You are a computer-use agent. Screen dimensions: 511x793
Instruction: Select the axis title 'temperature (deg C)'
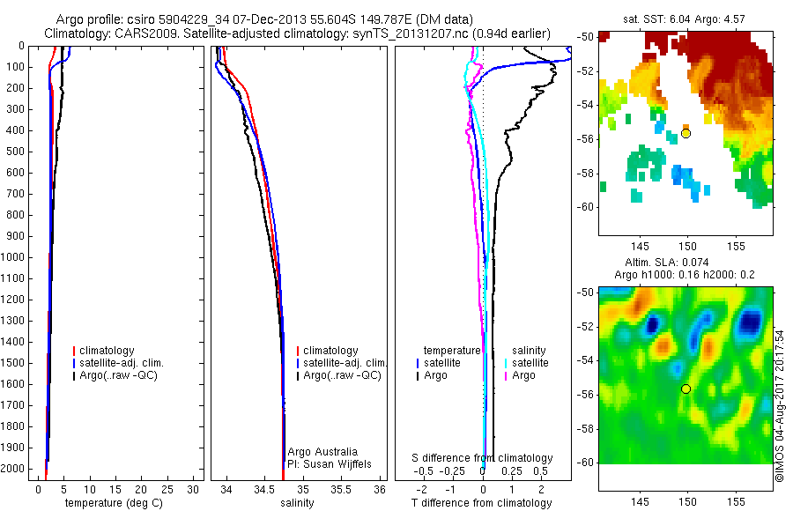pyautogui.click(x=110, y=503)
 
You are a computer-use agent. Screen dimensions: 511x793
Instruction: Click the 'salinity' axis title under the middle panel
pyautogui.click(x=297, y=503)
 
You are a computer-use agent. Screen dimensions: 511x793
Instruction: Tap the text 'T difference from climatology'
pyautogui.click(x=481, y=503)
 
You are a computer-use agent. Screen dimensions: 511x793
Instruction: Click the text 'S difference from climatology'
pyautogui.click(x=483, y=458)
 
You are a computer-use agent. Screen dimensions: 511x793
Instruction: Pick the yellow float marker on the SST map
pyautogui.click(x=686, y=134)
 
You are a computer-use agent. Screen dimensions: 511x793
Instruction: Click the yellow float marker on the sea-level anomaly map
pyautogui.click(x=686, y=389)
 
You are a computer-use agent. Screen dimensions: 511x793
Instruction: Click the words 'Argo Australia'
pyautogui.click(x=322, y=451)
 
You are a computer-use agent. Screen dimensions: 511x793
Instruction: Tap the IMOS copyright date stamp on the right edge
pyautogui.click(x=780, y=405)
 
